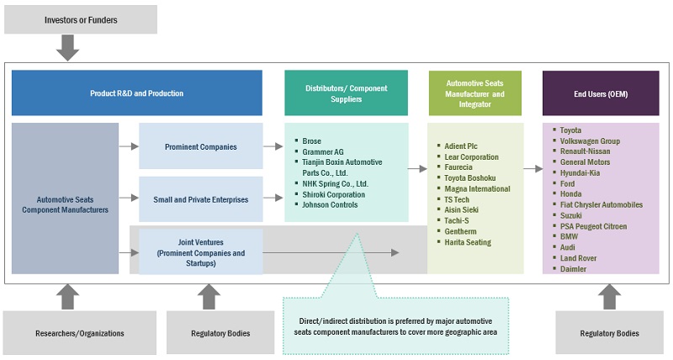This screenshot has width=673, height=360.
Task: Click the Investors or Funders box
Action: click(80, 19)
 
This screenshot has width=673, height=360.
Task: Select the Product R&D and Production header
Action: click(136, 93)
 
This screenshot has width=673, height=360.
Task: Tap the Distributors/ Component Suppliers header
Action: click(346, 93)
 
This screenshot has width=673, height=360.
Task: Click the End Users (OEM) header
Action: click(600, 93)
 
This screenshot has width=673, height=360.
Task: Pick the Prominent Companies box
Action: click(200, 146)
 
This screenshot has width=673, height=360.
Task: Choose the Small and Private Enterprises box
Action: click(200, 199)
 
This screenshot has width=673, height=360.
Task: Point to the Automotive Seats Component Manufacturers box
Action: click(65, 204)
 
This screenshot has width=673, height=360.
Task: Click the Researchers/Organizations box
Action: click(79, 333)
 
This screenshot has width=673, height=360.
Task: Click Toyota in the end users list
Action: click(571, 130)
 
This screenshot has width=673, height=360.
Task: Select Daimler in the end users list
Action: click(574, 269)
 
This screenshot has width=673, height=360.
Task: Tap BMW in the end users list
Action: click(569, 237)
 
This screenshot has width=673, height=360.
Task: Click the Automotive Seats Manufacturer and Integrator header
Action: click(474, 93)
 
